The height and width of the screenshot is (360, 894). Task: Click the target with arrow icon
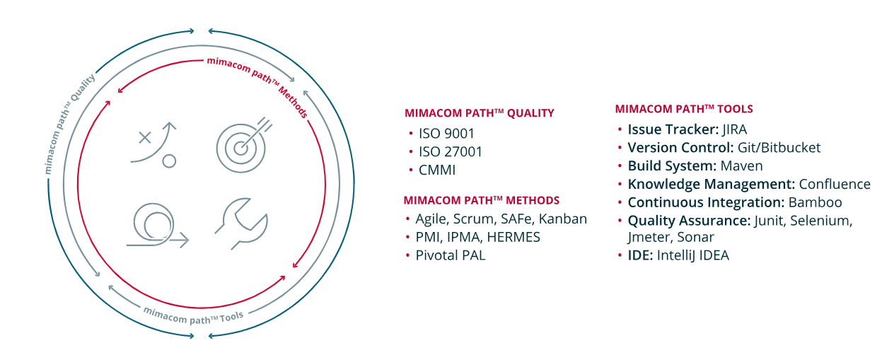[241, 147]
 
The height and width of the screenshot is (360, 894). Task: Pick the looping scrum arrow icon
[157, 226]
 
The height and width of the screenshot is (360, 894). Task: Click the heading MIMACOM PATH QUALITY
[480, 113]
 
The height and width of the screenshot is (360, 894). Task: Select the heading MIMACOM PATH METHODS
[482, 200]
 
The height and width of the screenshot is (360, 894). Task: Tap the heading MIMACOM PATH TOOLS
[684, 109]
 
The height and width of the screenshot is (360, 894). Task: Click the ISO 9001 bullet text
[446, 133]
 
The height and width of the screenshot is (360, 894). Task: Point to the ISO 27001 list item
[451, 151]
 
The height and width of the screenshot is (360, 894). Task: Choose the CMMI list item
[437, 170]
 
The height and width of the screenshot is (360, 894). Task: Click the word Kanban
[563, 219]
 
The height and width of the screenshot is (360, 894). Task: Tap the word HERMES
[513, 237]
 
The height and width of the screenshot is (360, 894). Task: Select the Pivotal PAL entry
[451, 255]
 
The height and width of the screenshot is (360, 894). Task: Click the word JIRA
[734, 129]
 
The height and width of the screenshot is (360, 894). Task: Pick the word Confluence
[835, 184]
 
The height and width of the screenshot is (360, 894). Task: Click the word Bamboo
[815, 202]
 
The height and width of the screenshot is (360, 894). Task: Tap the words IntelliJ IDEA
[693, 255]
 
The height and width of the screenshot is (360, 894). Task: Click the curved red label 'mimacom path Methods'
[259, 84]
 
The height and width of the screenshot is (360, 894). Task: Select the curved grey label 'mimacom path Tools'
[193, 316]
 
